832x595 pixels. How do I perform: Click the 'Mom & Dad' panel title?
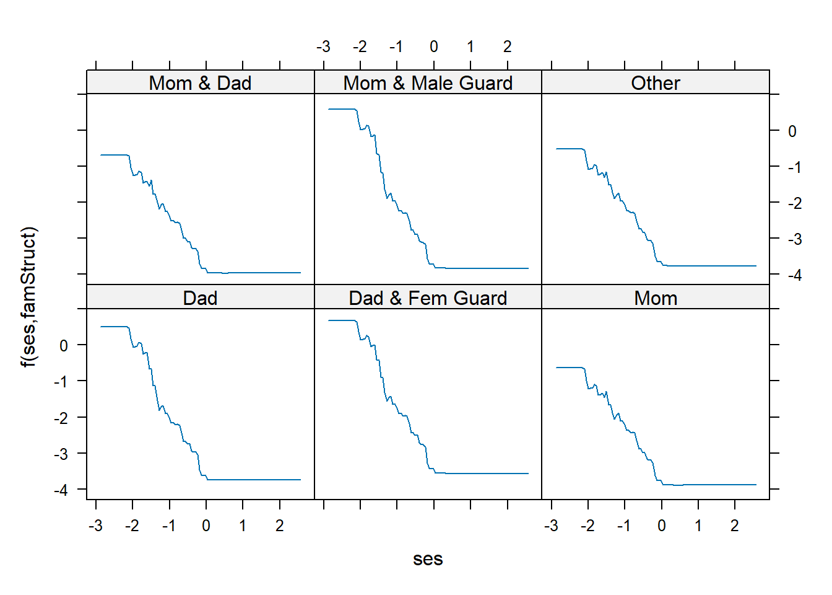[200, 83]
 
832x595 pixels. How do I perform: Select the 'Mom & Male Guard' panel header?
[428, 83]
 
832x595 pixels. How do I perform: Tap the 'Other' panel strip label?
[656, 83]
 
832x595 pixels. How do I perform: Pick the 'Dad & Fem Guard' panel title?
[428, 298]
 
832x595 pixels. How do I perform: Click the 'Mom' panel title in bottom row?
[656, 298]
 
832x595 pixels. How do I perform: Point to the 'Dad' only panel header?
[200, 298]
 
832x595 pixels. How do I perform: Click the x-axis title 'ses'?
[428, 559]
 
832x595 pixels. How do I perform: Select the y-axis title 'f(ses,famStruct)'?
[29, 297]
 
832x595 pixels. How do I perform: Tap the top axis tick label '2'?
[508, 46]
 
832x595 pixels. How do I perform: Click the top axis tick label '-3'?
[323, 46]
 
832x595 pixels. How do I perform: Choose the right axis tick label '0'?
[792, 131]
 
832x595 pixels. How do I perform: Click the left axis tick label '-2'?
[61, 418]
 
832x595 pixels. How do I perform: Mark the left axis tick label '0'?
[64, 346]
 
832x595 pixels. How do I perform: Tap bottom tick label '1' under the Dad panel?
[243, 526]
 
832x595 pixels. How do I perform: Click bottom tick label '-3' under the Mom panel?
[551, 526]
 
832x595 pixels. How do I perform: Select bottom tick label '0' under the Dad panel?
[206, 526]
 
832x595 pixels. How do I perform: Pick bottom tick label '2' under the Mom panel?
[735, 526]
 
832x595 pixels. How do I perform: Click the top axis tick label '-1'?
[396, 46]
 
